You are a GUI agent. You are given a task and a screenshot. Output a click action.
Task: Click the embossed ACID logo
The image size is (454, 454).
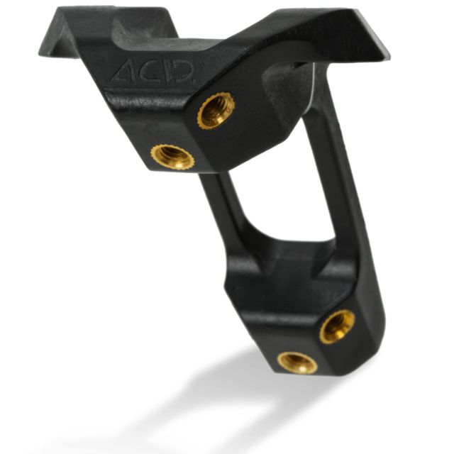click(153, 70)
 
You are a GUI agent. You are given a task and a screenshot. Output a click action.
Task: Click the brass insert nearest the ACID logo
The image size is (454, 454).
click(216, 111)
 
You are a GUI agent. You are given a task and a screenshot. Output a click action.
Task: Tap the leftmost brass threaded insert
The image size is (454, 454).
click(173, 156)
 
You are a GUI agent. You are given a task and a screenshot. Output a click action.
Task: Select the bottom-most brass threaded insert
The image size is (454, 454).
click(297, 362)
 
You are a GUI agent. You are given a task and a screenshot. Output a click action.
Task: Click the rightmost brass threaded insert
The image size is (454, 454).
click(338, 327)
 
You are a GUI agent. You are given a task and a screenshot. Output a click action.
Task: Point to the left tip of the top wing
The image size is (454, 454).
click(39, 54)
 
